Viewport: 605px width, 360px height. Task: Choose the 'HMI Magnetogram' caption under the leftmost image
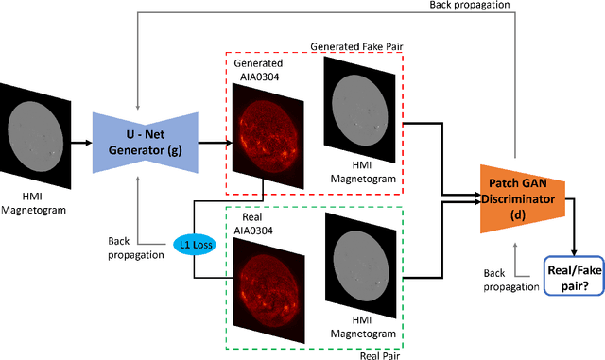[33, 202]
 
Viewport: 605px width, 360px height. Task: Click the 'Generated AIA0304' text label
[250, 71]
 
